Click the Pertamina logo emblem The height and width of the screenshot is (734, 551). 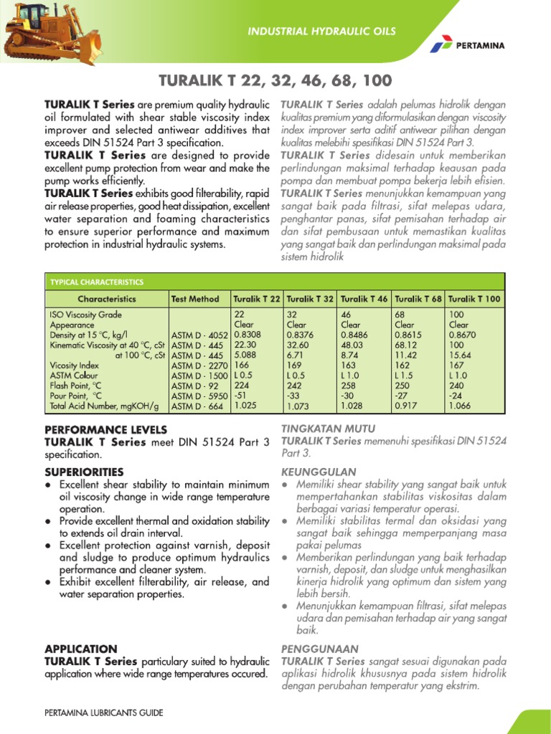440,45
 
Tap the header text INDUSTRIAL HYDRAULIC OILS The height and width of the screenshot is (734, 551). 321,32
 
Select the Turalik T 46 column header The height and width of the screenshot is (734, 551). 364,299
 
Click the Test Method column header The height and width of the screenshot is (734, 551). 194,299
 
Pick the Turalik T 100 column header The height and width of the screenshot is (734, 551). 474,299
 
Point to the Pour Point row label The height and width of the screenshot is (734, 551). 76,396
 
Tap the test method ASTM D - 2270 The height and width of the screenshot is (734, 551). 199,365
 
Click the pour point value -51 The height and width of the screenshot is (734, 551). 241,395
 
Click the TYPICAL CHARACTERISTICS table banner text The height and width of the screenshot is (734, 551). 96,282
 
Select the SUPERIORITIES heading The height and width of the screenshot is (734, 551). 84,472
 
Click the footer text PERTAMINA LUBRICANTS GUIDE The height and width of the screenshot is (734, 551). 103,712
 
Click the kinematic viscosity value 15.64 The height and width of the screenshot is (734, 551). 460,354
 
